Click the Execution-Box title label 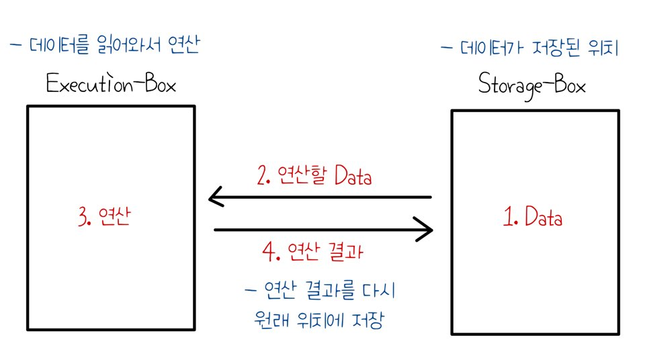pyautogui.click(x=111, y=85)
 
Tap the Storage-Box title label pyautogui.click(x=532, y=86)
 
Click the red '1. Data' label pyautogui.click(x=533, y=218)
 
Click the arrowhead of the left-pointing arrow pyautogui.click(x=215, y=197)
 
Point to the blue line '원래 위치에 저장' pyautogui.click(x=315, y=318)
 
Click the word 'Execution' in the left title pyautogui.click(x=88, y=85)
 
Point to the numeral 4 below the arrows pyautogui.click(x=267, y=253)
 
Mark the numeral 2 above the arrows pyautogui.click(x=262, y=176)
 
